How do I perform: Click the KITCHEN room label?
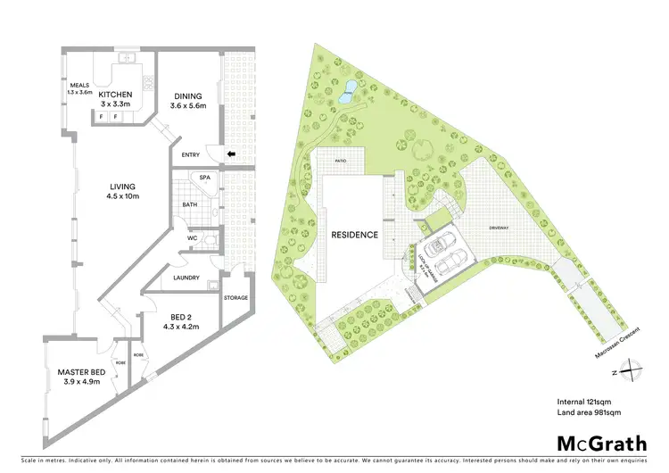tap(116, 95)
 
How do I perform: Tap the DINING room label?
tap(188, 96)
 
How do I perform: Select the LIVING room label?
tap(122, 187)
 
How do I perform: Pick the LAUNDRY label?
tap(186, 278)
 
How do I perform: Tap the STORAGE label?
tap(236, 298)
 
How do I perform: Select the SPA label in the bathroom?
tap(204, 178)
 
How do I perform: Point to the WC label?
tap(192, 238)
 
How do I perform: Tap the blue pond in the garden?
tap(348, 88)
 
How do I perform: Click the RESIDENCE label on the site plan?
tap(355, 236)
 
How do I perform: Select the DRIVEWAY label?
tap(500, 228)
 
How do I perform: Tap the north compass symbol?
tap(630, 367)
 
